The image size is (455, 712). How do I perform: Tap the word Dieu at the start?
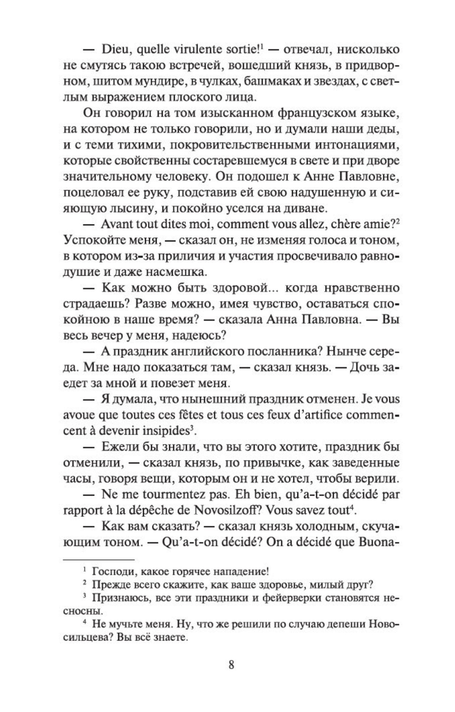pyautogui.click(x=115, y=49)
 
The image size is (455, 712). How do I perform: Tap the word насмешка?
pyautogui.click(x=177, y=272)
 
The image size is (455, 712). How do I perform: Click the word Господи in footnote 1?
pyautogui.click(x=110, y=572)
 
